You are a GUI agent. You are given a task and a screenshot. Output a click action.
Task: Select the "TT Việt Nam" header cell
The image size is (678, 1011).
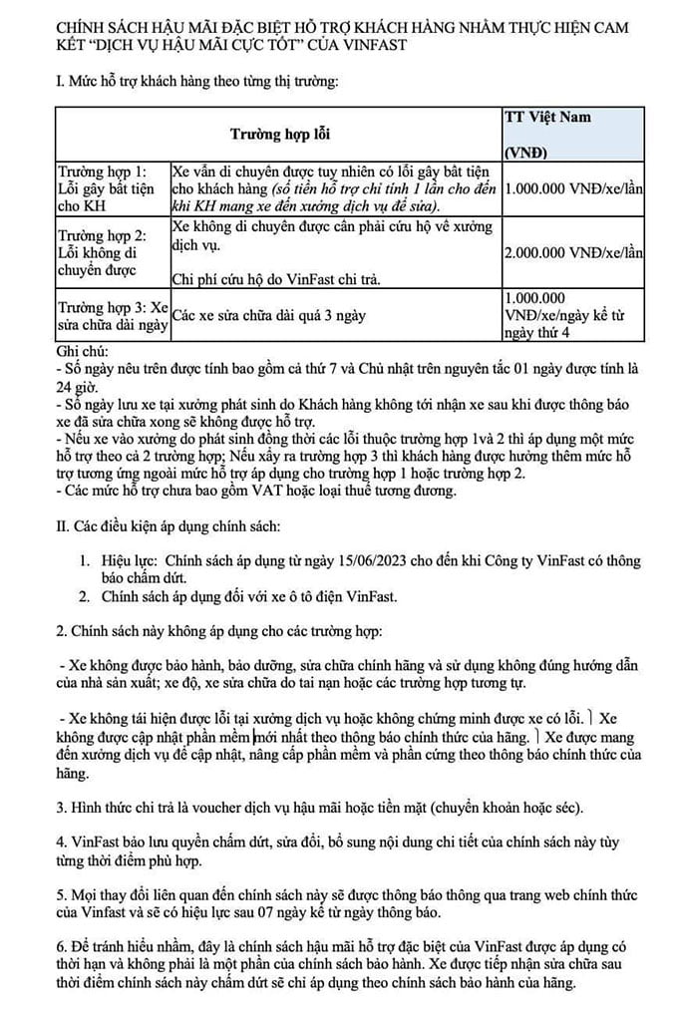click(x=547, y=117)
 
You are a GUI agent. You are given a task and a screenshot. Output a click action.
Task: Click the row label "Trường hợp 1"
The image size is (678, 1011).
click(x=103, y=170)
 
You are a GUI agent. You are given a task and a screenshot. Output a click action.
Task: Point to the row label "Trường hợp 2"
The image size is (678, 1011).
click(x=103, y=235)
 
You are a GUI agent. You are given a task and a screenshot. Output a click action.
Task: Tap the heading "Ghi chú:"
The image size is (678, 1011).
click(x=87, y=352)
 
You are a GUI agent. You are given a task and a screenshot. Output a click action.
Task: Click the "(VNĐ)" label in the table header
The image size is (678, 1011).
click(x=528, y=153)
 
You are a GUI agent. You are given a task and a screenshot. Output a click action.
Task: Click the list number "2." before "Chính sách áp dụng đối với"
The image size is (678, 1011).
click(x=86, y=596)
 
